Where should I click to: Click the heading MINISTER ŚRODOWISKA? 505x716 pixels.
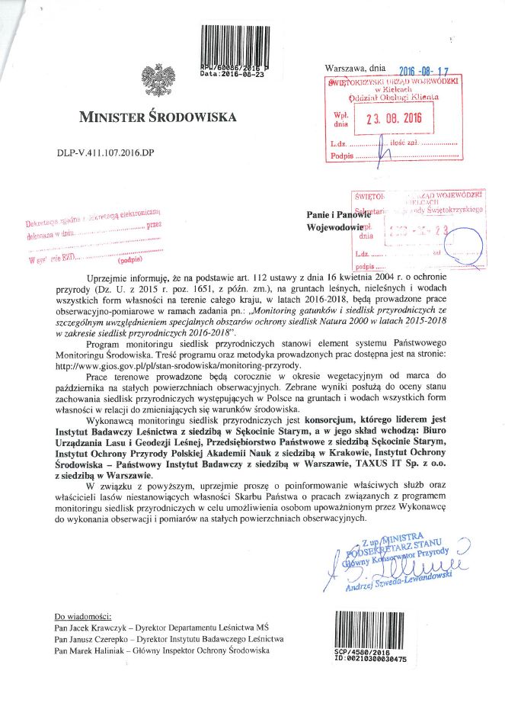pyautogui.click(x=158, y=117)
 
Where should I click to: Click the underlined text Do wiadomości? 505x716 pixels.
pyautogui.click(x=83, y=615)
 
